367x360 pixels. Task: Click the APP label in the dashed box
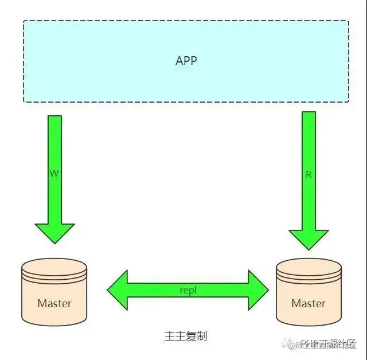186,60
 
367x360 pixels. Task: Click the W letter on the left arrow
54,173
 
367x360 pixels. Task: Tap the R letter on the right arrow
309,175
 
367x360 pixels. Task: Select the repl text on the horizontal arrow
188,290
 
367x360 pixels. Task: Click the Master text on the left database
54,303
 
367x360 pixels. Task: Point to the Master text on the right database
309,303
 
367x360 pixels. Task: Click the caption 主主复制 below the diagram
185,336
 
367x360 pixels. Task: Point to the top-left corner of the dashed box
24,21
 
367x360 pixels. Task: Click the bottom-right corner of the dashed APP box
348,101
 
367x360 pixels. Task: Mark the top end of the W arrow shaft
54,117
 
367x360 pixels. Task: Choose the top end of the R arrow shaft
309,113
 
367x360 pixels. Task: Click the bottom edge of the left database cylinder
54,323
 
